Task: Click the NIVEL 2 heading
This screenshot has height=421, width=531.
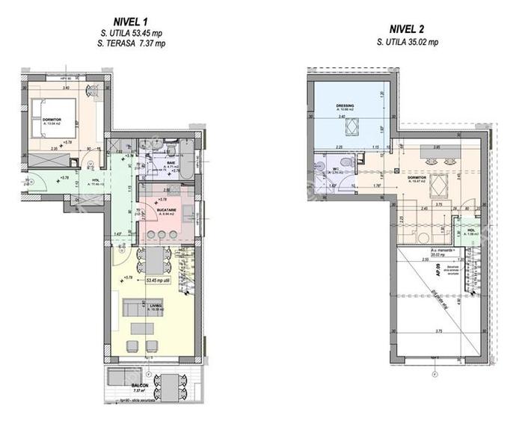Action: [408, 30]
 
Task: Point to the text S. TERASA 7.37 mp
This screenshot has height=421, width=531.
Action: [132, 44]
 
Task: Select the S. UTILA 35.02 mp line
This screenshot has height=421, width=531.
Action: [408, 43]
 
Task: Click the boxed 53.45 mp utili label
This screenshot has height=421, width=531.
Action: [161, 281]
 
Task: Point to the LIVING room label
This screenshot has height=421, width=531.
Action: [155, 304]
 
